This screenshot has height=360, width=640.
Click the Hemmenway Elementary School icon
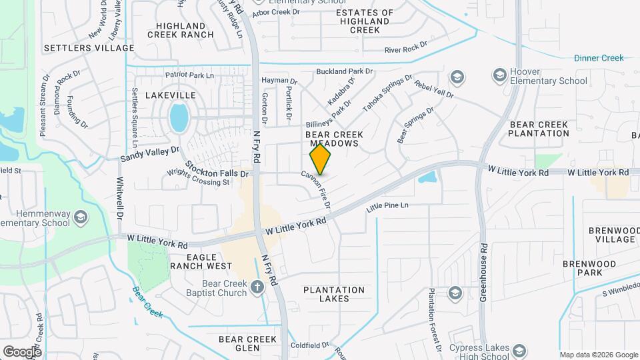click(81, 217)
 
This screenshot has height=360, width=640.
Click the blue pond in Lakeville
click(179, 117)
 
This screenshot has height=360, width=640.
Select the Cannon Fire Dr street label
click(317, 187)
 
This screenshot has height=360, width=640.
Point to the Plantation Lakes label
click(334, 294)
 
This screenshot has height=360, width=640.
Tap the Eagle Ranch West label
click(201, 261)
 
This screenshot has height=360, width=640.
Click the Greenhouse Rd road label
click(485, 272)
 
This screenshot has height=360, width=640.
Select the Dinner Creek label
click(599, 58)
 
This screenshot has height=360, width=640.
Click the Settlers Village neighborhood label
click(89, 48)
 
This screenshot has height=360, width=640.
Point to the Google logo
click(22, 351)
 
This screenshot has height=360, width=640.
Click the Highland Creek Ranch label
click(180, 30)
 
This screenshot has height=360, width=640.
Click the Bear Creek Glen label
click(247, 343)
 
